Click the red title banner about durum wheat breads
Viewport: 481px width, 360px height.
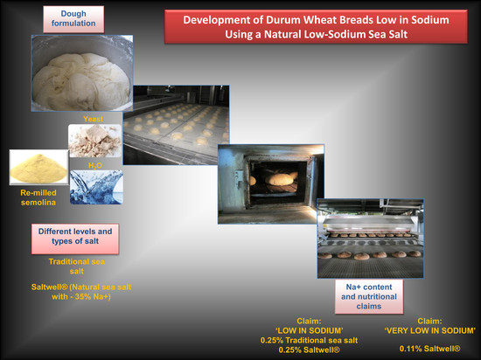(x=316, y=27)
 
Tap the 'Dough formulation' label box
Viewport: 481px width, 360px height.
(x=73, y=19)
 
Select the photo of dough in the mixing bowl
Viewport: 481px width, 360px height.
(x=82, y=73)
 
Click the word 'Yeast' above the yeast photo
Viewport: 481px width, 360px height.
(x=93, y=119)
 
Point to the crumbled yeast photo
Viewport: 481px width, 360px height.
(x=94, y=141)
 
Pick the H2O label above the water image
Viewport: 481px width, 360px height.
(x=95, y=166)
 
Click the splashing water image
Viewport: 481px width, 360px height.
(x=96, y=187)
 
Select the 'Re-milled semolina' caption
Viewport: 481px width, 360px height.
(x=38, y=197)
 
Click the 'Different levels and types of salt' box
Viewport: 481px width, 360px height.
(x=75, y=239)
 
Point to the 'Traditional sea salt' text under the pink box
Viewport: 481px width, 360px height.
(x=77, y=267)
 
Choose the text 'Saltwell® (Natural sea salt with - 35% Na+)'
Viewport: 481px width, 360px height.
(x=81, y=292)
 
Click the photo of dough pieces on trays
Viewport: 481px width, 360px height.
(x=176, y=125)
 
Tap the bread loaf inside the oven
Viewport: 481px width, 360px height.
(x=280, y=179)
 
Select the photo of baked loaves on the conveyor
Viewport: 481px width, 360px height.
(x=370, y=239)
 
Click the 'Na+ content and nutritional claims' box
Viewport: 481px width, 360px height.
(x=369, y=296)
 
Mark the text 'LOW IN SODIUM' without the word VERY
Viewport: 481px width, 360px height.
(x=310, y=330)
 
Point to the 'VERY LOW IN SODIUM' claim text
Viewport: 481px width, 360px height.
(x=429, y=330)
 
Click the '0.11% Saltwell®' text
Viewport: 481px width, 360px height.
(x=429, y=349)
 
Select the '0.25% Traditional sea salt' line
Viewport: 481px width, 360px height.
(x=310, y=341)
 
